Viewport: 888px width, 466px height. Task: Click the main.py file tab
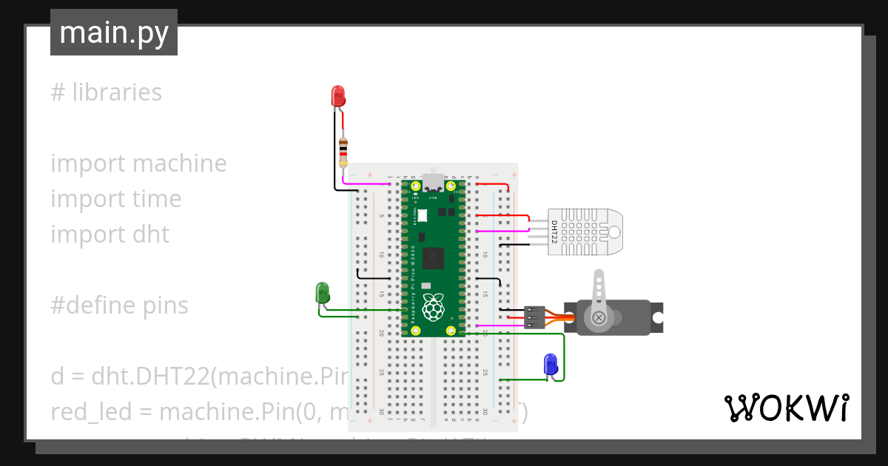(113, 33)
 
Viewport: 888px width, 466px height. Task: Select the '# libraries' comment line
(107, 92)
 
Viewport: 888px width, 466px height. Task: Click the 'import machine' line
(138, 163)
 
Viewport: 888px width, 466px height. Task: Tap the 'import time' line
(115, 199)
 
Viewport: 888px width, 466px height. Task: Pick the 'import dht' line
(110, 234)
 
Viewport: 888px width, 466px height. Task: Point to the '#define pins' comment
(119, 305)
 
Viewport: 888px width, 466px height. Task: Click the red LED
(337, 95)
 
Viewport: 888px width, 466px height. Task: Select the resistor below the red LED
(343, 152)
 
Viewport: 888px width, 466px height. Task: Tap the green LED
(323, 292)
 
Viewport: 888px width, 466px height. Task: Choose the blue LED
(551, 364)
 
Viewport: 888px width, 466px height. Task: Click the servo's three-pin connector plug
(534, 317)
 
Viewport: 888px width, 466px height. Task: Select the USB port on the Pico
(433, 183)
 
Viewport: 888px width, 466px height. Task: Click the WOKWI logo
(786, 408)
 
